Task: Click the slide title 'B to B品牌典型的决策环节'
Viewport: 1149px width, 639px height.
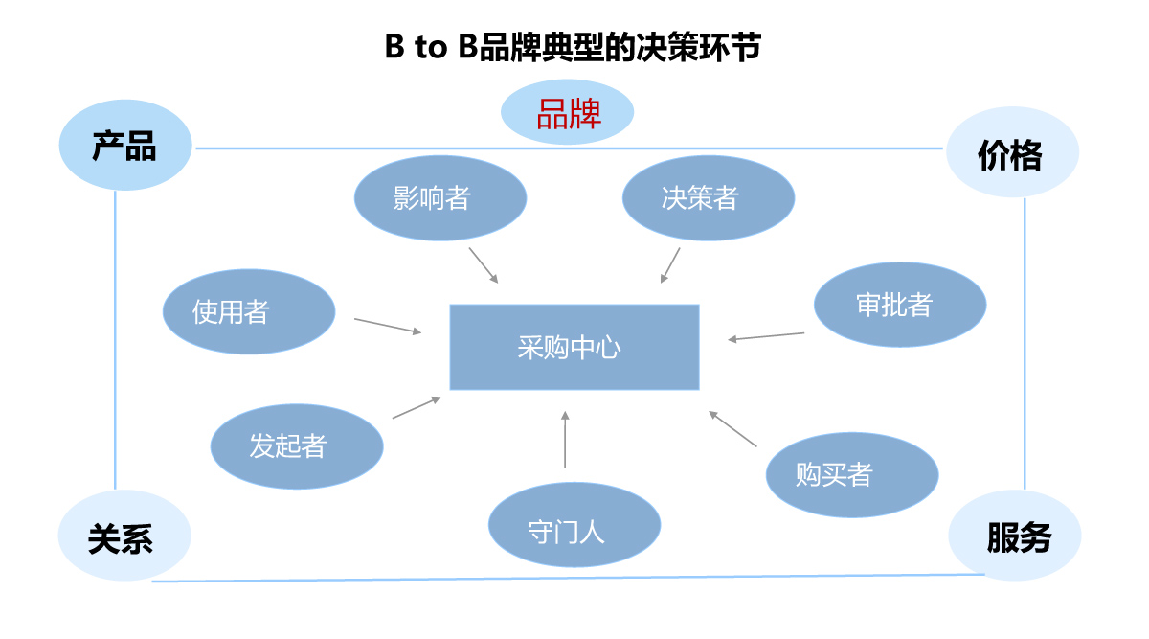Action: [x=573, y=47]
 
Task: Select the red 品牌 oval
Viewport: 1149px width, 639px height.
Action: [x=568, y=113]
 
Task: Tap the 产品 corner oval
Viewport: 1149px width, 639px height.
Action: [x=125, y=148]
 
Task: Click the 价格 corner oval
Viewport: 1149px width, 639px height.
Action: [x=1012, y=153]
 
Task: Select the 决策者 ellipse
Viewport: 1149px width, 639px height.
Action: [x=709, y=198]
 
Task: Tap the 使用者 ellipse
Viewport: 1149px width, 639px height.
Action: [x=249, y=311]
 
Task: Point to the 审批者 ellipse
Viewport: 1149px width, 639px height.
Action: [x=900, y=305]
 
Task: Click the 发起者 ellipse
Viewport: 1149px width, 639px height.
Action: [x=297, y=445]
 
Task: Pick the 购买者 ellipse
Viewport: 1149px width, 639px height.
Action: [x=852, y=474]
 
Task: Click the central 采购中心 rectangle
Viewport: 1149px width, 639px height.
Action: [x=574, y=347]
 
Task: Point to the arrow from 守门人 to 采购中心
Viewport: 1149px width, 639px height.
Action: [x=565, y=441]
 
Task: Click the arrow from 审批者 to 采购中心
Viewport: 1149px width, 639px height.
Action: [x=766, y=336]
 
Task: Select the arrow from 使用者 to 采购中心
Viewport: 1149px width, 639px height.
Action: [x=388, y=326]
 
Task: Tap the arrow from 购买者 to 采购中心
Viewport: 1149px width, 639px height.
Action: [x=732, y=429]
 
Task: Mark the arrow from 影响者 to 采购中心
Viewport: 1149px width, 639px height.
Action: [x=484, y=265]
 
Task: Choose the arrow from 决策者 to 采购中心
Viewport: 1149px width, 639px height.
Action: [x=670, y=265]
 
